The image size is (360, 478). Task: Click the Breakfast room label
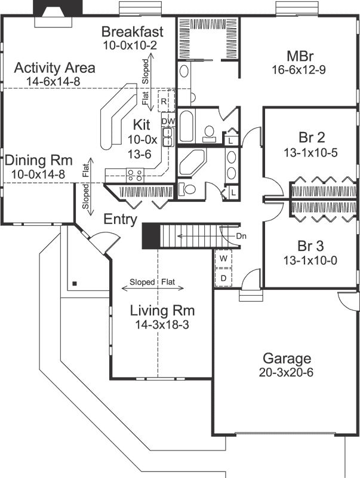(132, 32)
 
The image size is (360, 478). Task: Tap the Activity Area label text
(54, 68)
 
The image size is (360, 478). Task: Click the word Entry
(121, 219)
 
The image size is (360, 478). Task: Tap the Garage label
(287, 358)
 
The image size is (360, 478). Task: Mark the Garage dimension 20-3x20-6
(287, 372)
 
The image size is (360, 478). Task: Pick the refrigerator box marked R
(164, 102)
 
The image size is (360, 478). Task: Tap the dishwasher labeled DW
(168, 121)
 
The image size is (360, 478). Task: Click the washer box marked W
(223, 259)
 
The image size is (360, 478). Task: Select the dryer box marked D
(223, 278)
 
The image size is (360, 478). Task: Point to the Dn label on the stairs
(241, 236)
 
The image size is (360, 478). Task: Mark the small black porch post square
(74, 283)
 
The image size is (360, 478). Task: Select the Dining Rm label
(38, 160)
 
